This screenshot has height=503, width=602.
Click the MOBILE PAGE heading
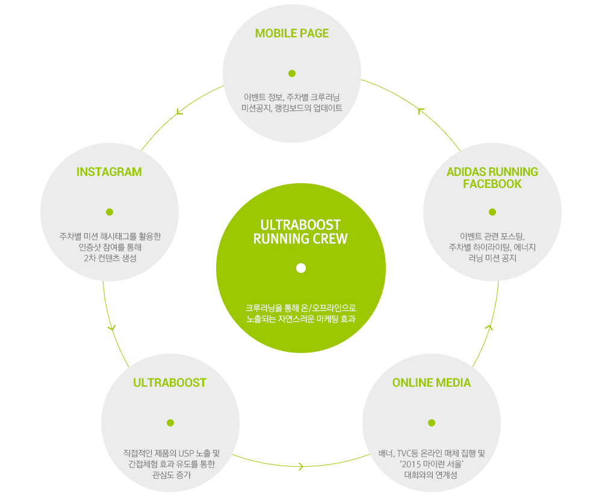pyautogui.click(x=292, y=33)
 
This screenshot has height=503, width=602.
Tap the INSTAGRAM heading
pyautogui.click(x=109, y=172)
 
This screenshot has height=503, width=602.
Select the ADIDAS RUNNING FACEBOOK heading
pyautogui.click(x=492, y=178)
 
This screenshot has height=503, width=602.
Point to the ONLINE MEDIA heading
pyautogui.click(x=431, y=383)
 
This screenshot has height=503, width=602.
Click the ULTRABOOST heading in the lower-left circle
pyautogui.click(x=170, y=383)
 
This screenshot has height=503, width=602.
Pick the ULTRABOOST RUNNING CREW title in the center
pyautogui.click(x=301, y=232)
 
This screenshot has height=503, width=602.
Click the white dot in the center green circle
pyautogui.click(x=301, y=268)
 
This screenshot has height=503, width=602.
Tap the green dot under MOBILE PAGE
pyautogui.click(x=292, y=73)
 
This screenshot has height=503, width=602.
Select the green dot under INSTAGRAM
pyautogui.click(x=110, y=212)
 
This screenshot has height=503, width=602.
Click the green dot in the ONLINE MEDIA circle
pyautogui.click(x=431, y=423)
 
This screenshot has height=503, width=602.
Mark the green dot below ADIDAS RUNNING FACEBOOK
pyautogui.click(x=492, y=212)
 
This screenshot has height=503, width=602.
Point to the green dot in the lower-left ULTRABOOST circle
pyautogui.click(x=170, y=423)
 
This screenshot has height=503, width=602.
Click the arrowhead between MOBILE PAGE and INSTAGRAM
pyautogui.click(x=179, y=111)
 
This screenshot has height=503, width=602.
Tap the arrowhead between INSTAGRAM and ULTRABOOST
pyautogui.click(x=111, y=328)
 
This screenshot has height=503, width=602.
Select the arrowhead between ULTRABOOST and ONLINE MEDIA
pyautogui.click(x=301, y=466)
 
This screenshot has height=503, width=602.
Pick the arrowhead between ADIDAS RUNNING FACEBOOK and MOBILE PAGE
pyautogui.click(x=421, y=111)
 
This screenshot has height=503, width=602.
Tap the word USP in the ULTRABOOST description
pyautogui.click(x=184, y=452)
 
